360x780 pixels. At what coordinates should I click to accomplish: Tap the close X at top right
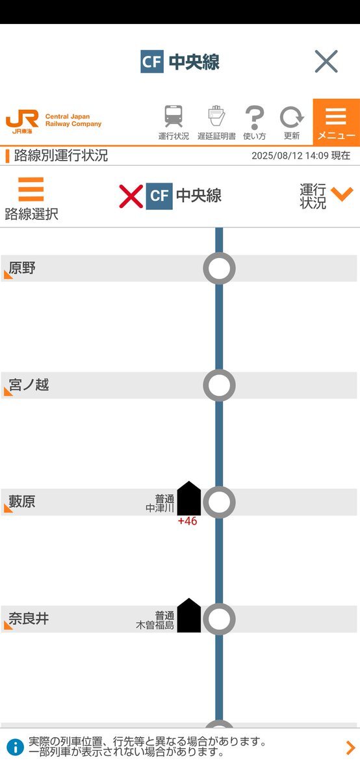point(326,61)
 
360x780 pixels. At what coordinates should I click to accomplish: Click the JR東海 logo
point(22,122)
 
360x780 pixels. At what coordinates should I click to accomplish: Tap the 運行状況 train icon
point(174,116)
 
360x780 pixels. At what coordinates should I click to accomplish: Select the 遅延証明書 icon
point(216,116)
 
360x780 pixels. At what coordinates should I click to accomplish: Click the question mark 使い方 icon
point(255,118)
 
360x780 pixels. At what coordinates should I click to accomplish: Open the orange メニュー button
point(337,122)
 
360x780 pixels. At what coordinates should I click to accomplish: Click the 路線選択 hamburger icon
point(31,189)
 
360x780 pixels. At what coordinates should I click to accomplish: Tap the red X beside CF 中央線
point(131,196)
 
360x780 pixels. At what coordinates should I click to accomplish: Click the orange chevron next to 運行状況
point(342,194)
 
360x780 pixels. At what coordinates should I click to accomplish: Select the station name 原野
point(22,268)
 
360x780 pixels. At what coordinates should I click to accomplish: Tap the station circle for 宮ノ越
point(219,385)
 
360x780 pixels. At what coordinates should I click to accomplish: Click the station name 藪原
point(22,502)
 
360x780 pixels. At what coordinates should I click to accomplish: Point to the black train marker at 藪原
point(188,499)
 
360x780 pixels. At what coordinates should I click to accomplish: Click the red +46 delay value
point(187,521)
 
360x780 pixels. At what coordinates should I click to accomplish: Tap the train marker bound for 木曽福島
point(188,616)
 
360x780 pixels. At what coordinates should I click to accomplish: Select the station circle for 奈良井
point(219,619)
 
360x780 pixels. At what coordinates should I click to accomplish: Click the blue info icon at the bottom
point(15,747)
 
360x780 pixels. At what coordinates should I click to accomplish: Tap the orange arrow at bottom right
point(351,747)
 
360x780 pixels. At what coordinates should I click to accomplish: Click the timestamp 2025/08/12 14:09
point(290,155)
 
